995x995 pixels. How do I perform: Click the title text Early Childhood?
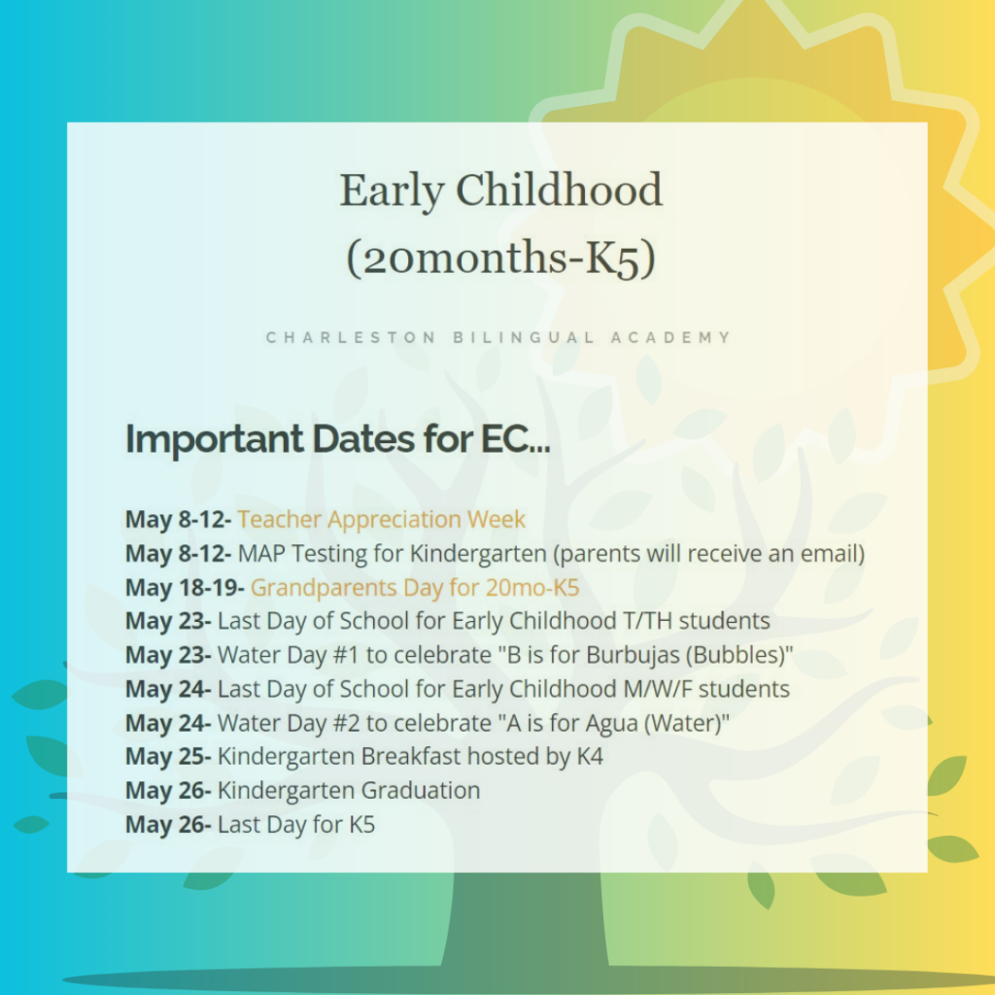pyautogui.click(x=500, y=191)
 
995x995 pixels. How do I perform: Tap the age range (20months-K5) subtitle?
pyautogui.click(x=500, y=258)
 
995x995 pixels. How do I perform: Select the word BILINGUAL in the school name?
pyautogui.click(x=524, y=337)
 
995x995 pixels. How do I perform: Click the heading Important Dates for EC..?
pyautogui.click(x=337, y=439)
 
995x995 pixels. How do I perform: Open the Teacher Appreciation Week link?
pyautogui.click(x=381, y=520)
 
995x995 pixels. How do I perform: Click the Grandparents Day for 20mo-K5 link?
pyautogui.click(x=415, y=588)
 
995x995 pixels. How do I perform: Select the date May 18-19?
pyautogui.click(x=185, y=588)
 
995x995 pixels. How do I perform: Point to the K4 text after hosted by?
pyautogui.click(x=590, y=756)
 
